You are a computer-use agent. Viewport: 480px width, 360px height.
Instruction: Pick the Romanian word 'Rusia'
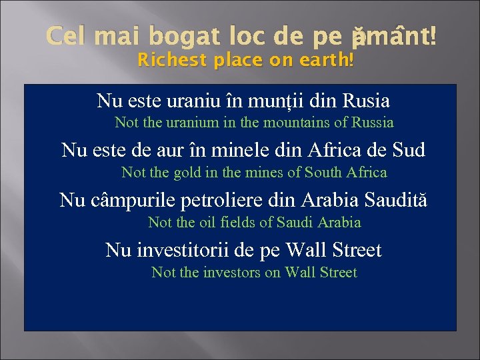tap(366, 101)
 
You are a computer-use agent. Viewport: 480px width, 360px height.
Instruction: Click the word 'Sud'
tap(407, 150)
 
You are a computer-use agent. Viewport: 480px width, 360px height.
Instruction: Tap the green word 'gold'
tap(187, 173)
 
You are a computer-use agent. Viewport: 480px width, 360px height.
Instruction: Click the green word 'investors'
tap(231, 273)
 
